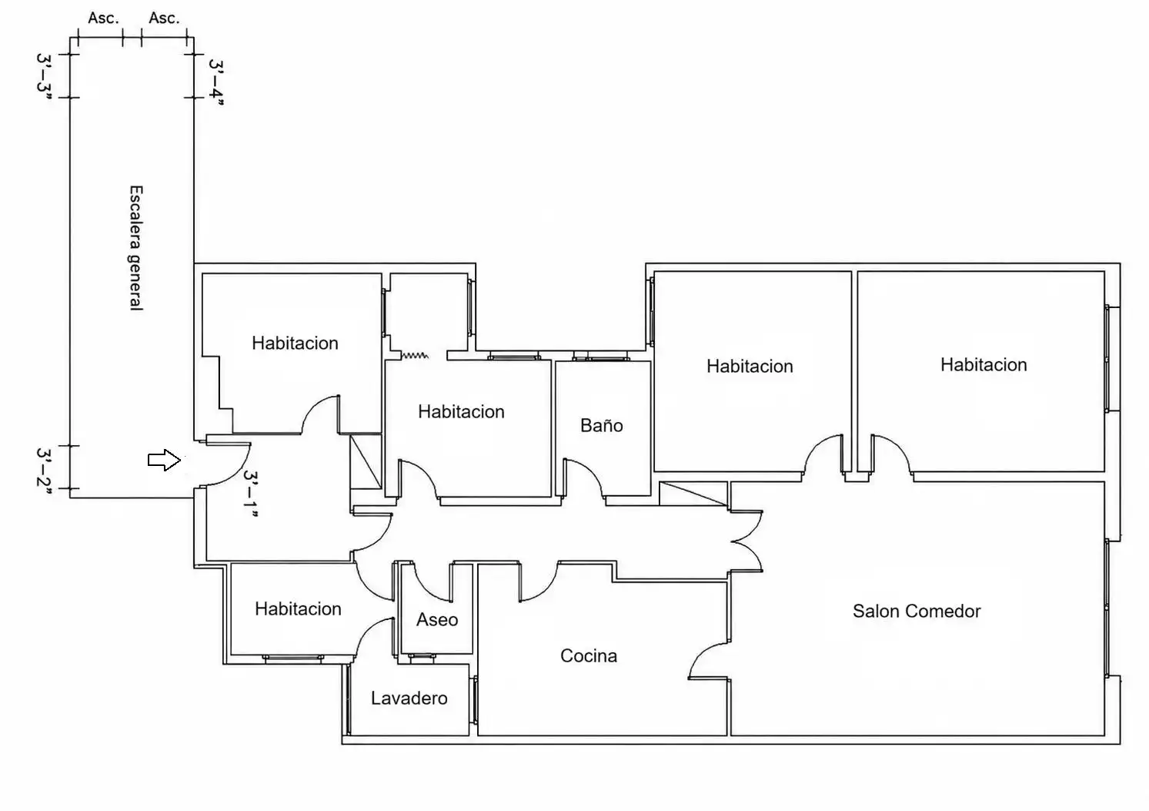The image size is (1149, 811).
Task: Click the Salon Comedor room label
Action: [x=917, y=611]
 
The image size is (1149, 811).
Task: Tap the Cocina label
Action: [x=588, y=655]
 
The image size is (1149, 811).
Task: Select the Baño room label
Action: [x=601, y=425]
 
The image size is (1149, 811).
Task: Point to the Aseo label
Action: [x=437, y=619]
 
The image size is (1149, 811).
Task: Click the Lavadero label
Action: [x=409, y=698]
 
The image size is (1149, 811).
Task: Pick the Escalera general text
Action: [x=135, y=248]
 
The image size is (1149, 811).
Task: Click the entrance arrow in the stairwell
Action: [x=164, y=460]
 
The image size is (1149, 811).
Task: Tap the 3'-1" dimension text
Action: [x=250, y=494]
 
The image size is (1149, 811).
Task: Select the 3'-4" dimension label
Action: [x=216, y=82]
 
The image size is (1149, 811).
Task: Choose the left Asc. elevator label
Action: [x=103, y=18]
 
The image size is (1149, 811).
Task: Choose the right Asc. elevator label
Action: [x=164, y=18]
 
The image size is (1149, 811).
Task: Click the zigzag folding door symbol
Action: [x=415, y=355]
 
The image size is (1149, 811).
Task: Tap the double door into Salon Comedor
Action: [x=747, y=541]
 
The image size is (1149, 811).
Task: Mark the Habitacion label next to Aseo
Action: [x=298, y=608]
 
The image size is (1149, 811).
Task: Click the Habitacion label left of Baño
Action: [x=461, y=411]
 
